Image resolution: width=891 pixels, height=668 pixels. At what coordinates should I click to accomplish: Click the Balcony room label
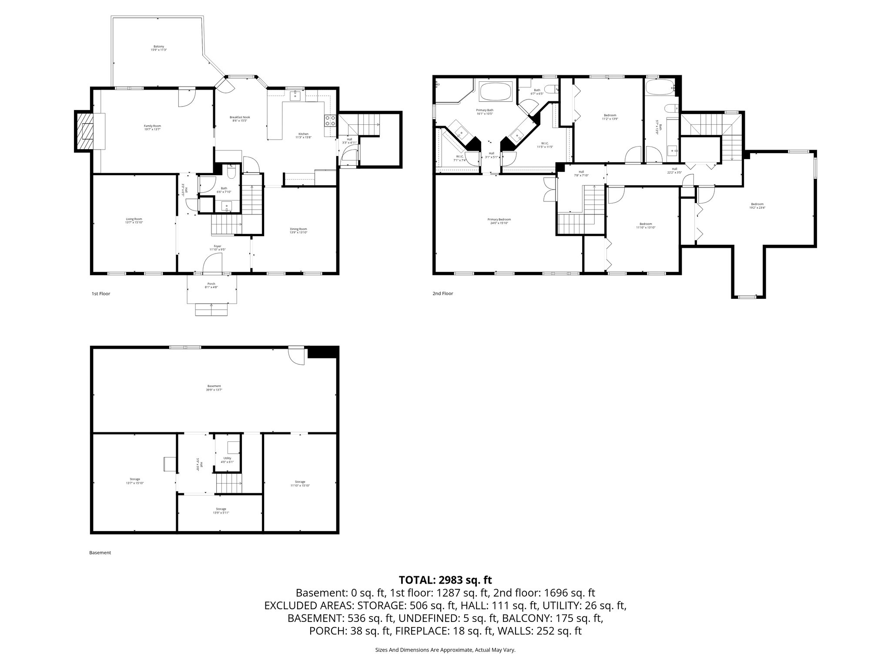coord(159,48)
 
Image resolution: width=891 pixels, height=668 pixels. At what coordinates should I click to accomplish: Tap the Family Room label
coord(149,127)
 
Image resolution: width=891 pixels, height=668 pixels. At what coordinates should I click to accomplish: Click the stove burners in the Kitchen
coord(330,120)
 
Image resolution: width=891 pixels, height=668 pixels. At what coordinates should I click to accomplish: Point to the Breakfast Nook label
coord(240,119)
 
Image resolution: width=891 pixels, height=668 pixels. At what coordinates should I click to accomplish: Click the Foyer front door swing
coord(213,264)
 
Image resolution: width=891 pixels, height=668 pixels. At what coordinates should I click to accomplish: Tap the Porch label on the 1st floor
coord(211,285)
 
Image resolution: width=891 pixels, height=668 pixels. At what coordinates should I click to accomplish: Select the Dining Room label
coord(298,230)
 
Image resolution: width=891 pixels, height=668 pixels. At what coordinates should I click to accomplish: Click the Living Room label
coord(134,220)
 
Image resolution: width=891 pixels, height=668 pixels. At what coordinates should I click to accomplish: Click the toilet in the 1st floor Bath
coord(232,174)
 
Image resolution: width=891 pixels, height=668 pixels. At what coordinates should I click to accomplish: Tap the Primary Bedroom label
coord(499,221)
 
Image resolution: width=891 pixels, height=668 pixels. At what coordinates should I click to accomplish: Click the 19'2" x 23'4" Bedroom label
coord(757,206)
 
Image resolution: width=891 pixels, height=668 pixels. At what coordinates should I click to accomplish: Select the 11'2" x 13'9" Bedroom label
coord(610,117)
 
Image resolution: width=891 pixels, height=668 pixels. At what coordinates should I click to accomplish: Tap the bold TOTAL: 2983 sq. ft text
coord(445,580)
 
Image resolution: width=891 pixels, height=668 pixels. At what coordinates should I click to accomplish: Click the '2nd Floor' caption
coord(442,294)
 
